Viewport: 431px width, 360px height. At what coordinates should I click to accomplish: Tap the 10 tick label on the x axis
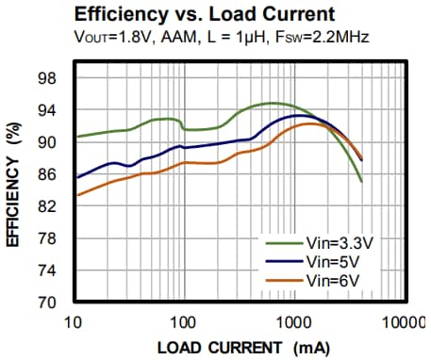[75, 323]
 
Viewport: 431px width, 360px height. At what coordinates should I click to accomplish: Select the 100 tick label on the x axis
[183, 323]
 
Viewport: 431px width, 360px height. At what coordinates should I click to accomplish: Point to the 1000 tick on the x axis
[294, 323]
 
